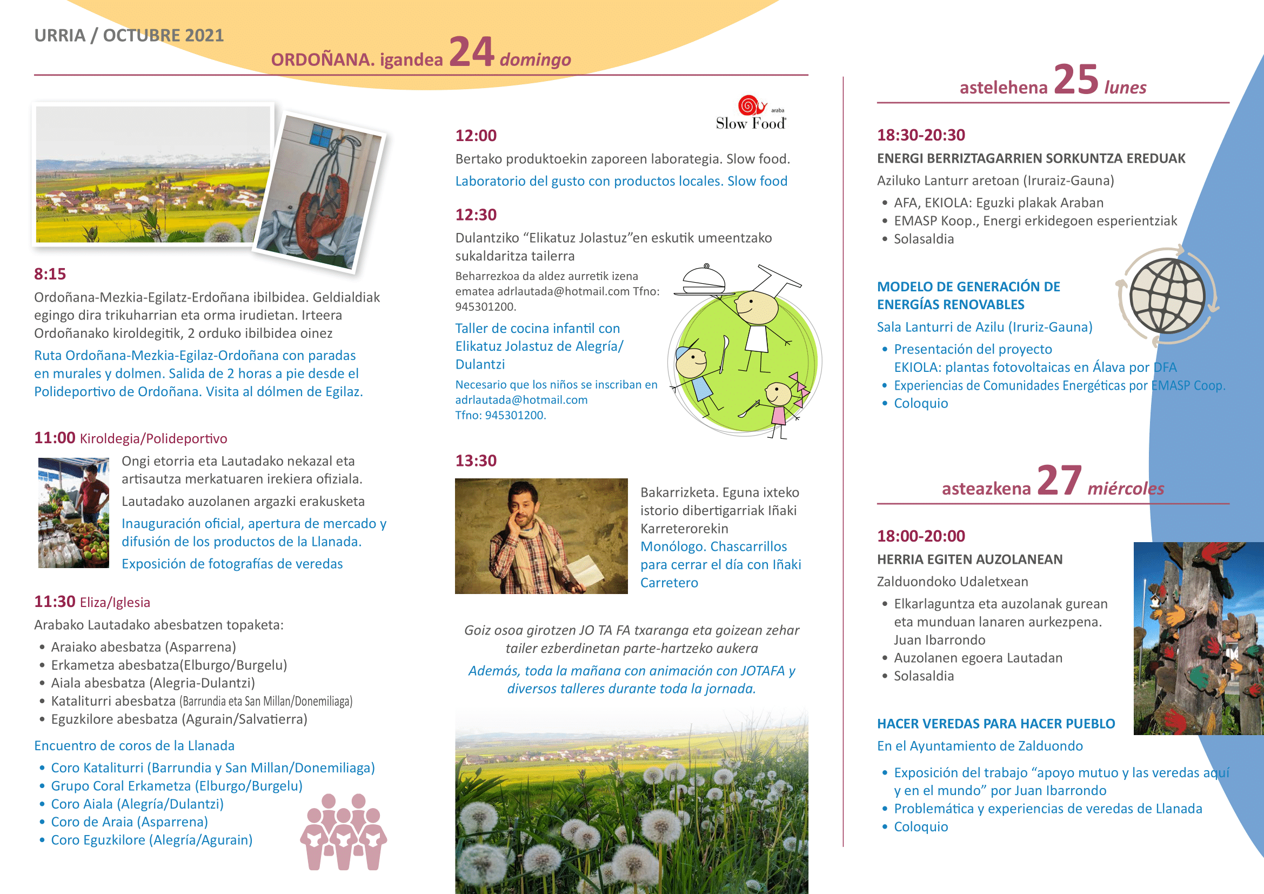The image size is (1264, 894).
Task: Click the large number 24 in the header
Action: [x=471, y=52]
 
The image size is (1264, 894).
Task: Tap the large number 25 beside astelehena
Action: [x=1076, y=80]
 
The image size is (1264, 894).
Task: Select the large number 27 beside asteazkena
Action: [x=1059, y=481]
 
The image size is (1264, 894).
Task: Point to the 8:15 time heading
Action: [x=50, y=274]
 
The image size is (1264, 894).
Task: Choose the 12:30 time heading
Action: [x=476, y=215]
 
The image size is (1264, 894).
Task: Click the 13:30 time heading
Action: [x=476, y=461]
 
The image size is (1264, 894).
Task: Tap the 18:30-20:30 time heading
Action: [x=921, y=135]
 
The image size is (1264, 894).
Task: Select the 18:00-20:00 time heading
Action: [x=921, y=536]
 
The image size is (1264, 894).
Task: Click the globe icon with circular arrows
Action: [x=1167, y=296]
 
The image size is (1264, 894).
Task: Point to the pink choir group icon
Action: [x=344, y=832]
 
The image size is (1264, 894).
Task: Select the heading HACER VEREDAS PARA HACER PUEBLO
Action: [x=996, y=723]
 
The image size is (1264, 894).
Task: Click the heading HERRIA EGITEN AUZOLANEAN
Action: [x=969, y=559]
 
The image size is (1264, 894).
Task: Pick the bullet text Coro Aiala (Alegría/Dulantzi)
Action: [x=137, y=804]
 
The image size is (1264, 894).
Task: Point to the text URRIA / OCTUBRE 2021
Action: [x=129, y=35]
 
